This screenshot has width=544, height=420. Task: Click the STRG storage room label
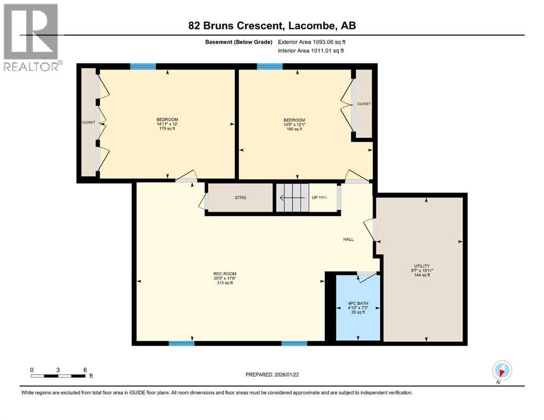[239, 197]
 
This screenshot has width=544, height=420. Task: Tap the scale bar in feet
[58, 376]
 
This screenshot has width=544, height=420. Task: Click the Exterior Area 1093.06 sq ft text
[312, 42]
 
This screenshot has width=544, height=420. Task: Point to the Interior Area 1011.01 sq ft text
[312, 51]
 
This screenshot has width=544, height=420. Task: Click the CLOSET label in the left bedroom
[88, 122]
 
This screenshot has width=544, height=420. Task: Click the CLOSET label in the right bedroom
[363, 103]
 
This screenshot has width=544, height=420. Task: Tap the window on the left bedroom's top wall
[143, 67]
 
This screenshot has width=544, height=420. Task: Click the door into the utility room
[373, 230]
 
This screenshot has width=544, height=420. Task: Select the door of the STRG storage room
[204, 201]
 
